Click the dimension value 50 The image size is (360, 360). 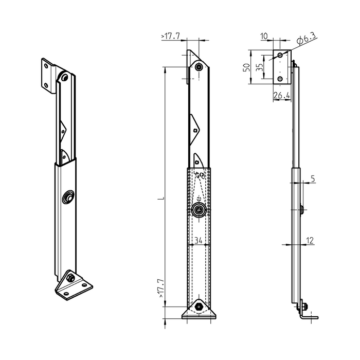point(246,67)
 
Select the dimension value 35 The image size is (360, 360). point(259,67)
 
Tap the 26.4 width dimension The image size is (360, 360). point(282,95)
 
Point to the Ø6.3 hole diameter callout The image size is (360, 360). point(307,39)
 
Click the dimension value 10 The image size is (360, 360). point(264,36)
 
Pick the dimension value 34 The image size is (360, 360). point(199,240)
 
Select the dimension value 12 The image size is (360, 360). point(310,240)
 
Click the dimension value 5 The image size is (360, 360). point(313,179)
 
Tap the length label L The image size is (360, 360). point(161,197)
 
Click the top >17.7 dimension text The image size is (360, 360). point(171,37)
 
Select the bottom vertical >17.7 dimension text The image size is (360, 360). point(161,289)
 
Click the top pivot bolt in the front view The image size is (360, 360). point(199,67)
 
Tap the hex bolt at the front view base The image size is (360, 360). point(199,307)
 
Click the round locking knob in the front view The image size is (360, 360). point(199,209)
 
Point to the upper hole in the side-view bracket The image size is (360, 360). point(280,55)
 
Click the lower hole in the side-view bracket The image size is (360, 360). point(280,79)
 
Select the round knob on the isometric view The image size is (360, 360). point(68,197)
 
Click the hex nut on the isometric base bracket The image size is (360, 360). point(71,278)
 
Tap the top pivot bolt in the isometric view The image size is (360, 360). point(64,78)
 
